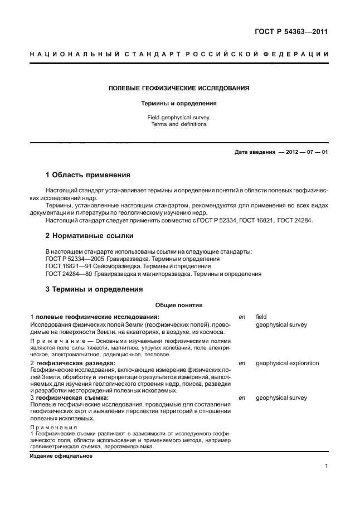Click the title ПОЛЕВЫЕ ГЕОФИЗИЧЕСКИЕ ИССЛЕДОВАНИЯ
pos(179,88)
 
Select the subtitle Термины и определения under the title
pos(179,103)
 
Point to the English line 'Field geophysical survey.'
pos(179,118)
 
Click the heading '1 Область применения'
pos(87,174)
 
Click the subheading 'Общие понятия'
pos(179,305)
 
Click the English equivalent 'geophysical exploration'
pos(287,363)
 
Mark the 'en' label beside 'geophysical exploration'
pos(242,363)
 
